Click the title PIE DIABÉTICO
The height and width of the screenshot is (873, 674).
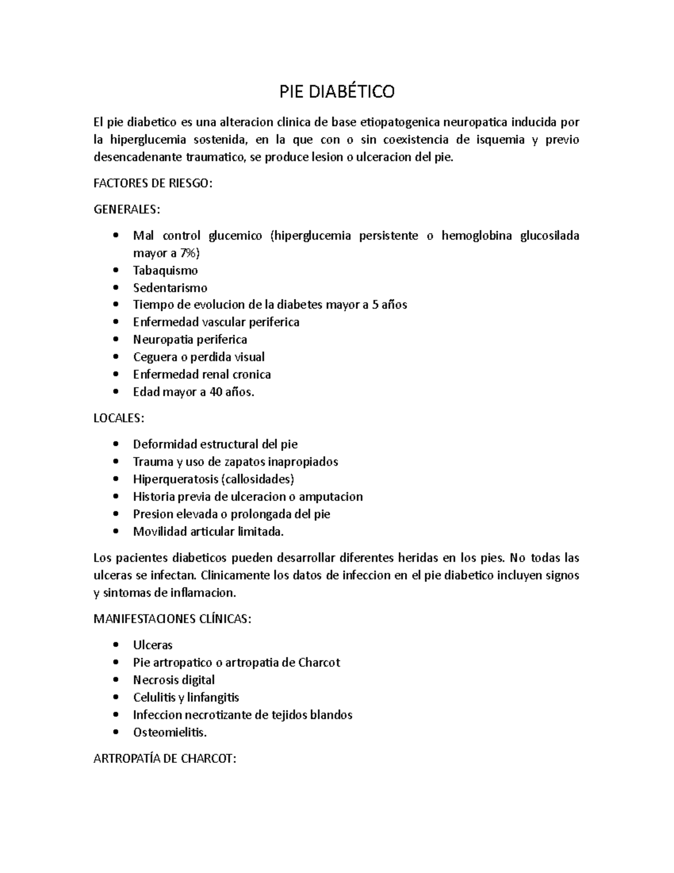(337, 92)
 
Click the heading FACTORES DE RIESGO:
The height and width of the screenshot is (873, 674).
(153, 184)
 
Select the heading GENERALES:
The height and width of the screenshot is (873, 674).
(126, 210)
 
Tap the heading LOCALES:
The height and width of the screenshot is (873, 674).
(119, 418)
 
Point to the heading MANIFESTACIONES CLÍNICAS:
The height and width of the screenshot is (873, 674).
(172, 619)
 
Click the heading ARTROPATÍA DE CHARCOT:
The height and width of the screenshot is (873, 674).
(165, 759)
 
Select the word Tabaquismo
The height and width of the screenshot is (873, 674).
(165, 270)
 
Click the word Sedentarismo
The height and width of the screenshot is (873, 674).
(170, 288)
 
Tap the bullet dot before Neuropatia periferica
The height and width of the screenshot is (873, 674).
(116, 340)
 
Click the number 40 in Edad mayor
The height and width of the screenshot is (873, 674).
(216, 392)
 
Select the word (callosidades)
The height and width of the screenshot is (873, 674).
(258, 479)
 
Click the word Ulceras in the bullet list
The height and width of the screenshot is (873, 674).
(152, 645)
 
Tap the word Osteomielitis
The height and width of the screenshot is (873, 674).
(170, 732)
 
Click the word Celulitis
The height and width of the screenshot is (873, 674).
(153, 697)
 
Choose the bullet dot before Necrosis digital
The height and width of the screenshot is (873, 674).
(116, 680)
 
